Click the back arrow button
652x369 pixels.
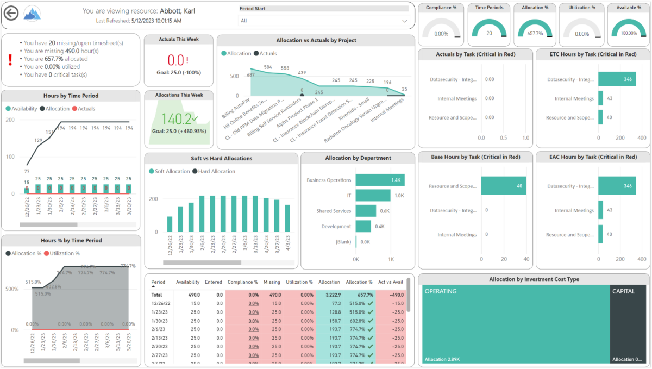tap(11, 14)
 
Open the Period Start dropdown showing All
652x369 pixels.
tap(324, 21)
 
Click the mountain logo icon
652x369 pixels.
tap(33, 14)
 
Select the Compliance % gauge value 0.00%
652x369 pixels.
tap(441, 34)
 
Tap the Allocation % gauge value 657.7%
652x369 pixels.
tap(535, 34)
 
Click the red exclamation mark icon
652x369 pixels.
tap(10, 59)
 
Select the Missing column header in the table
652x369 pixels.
tap(272, 282)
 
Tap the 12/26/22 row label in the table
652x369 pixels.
tap(161, 303)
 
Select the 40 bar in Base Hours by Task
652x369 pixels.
tap(504, 186)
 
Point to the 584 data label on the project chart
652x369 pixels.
tap(268, 67)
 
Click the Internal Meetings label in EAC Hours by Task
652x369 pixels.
tap(574, 210)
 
